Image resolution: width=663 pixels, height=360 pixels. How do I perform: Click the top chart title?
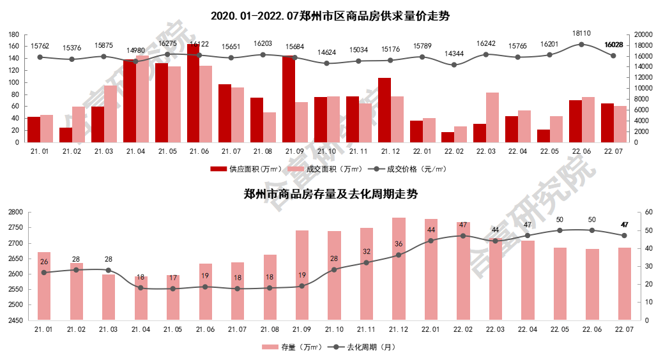(x=331, y=16)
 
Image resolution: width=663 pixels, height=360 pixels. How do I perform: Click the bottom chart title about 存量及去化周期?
(x=331, y=194)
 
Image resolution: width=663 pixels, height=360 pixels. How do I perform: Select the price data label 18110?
(x=581, y=33)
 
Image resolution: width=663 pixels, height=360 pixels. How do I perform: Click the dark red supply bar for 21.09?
(x=289, y=99)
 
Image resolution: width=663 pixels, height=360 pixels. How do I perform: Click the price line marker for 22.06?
(x=581, y=44)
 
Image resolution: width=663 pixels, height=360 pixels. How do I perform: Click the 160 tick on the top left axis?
(x=15, y=47)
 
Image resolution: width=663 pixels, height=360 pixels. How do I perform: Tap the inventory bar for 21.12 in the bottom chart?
(x=399, y=268)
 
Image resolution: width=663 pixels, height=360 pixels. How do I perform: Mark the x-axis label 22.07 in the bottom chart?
(x=623, y=328)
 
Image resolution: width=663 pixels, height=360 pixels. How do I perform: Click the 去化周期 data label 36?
(x=399, y=244)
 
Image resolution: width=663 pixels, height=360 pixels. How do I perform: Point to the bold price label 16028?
(x=613, y=45)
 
